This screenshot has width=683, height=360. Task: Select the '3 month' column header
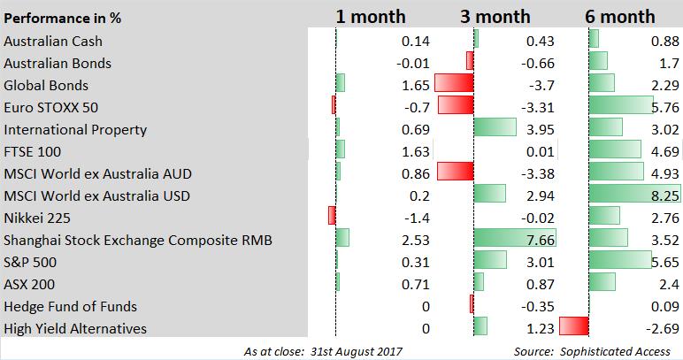click(495, 16)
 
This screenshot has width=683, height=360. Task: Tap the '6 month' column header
click(620, 16)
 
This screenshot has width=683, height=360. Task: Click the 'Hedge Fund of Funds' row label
click(71, 306)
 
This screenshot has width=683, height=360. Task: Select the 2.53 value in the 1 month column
click(414, 240)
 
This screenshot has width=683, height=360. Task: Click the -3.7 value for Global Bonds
click(541, 85)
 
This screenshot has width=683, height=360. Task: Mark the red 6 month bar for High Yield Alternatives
click(574, 326)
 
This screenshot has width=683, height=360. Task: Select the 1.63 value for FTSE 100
click(414, 151)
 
